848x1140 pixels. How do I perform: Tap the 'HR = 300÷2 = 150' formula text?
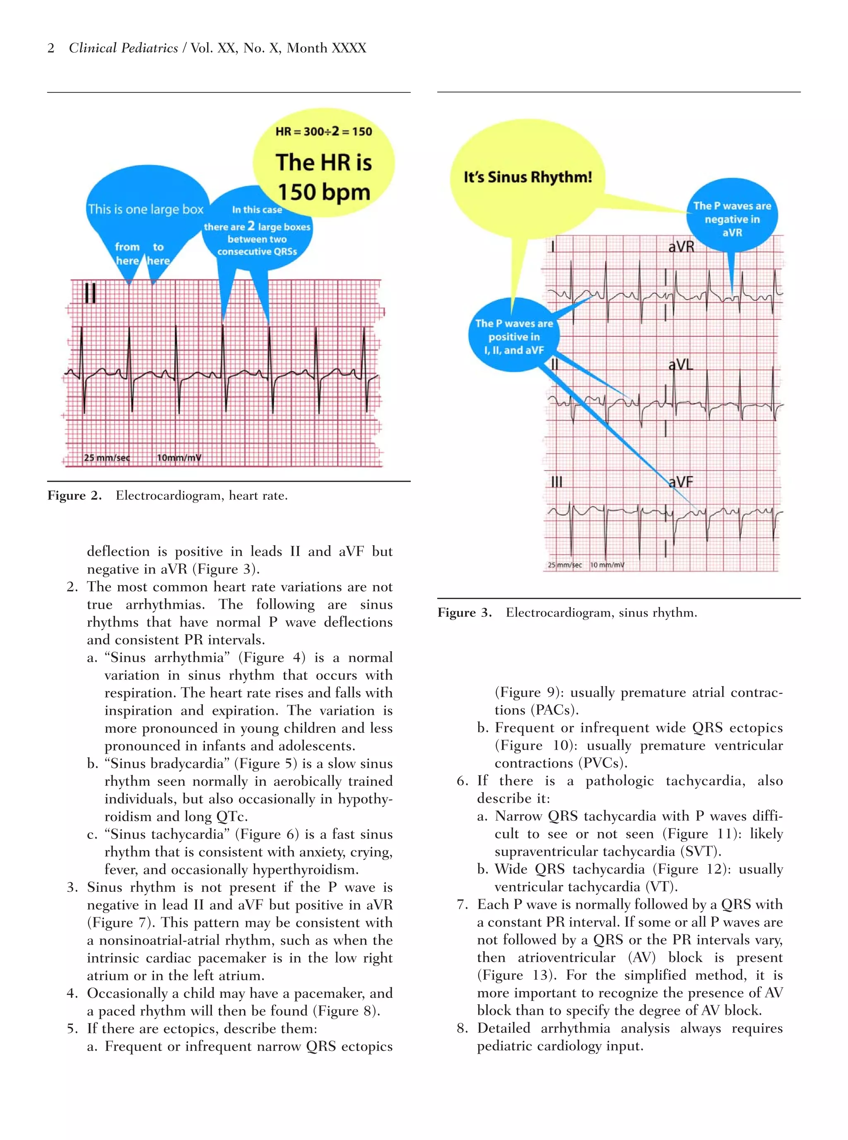(x=323, y=131)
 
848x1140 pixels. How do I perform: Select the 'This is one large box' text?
(x=146, y=210)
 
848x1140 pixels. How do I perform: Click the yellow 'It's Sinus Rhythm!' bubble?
(x=528, y=178)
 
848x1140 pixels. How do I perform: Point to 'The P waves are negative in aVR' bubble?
(x=732, y=219)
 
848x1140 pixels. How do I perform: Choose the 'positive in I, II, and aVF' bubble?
(x=514, y=337)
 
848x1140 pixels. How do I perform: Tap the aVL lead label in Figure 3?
(x=681, y=365)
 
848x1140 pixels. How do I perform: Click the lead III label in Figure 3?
(x=557, y=482)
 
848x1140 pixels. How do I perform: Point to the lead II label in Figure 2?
(x=90, y=294)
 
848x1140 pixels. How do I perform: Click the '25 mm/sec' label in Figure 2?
(x=107, y=458)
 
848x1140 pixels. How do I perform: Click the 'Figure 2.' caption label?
(x=75, y=495)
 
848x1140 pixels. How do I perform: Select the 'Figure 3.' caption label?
(x=465, y=613)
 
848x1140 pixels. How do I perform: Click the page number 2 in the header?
(x=51, y=48)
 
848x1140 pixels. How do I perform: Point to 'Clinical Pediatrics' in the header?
(x=123, y=48)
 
